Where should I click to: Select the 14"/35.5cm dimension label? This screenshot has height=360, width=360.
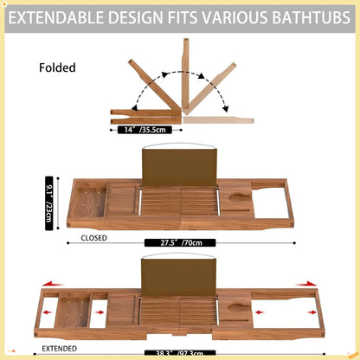pyautogui.click(x=149, y=130)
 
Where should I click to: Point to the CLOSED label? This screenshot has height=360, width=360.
pyautogui.click(x=94, y=236)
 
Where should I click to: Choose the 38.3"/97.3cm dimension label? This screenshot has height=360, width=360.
pyautogui.click(x=185, y=353)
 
